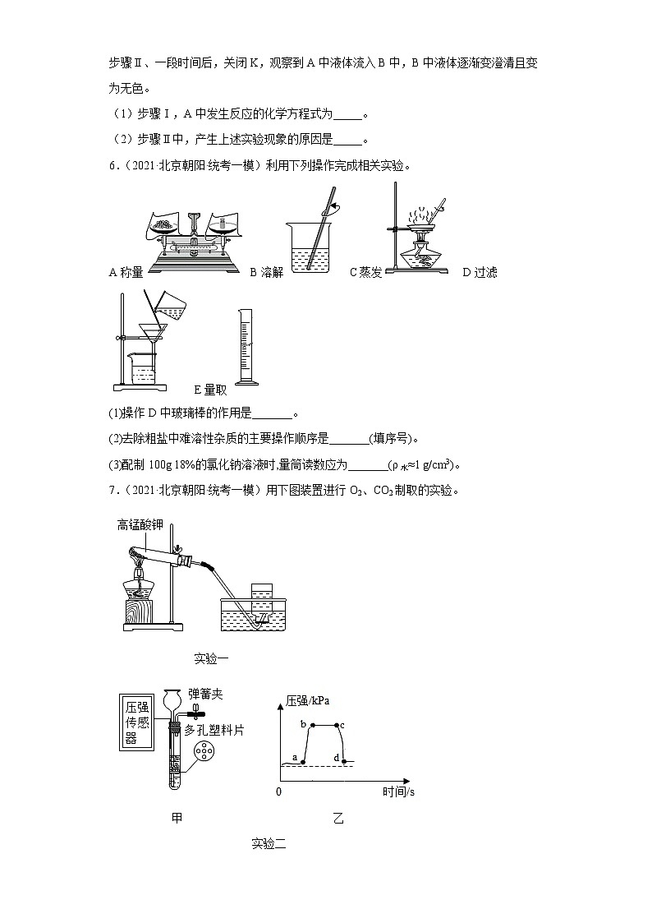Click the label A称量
tap(126, 273)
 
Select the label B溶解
tap(266, 273)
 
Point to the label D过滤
tap(480, 273)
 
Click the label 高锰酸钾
tap(140, 524)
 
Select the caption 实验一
tap(211, 658)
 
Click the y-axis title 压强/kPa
tap(308, 701)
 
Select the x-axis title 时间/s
tap(398, 791)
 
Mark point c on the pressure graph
tap(337, 725)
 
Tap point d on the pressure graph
tap(344, 762)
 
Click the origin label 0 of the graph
tap(278, 791)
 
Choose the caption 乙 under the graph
tap(339, 819)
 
